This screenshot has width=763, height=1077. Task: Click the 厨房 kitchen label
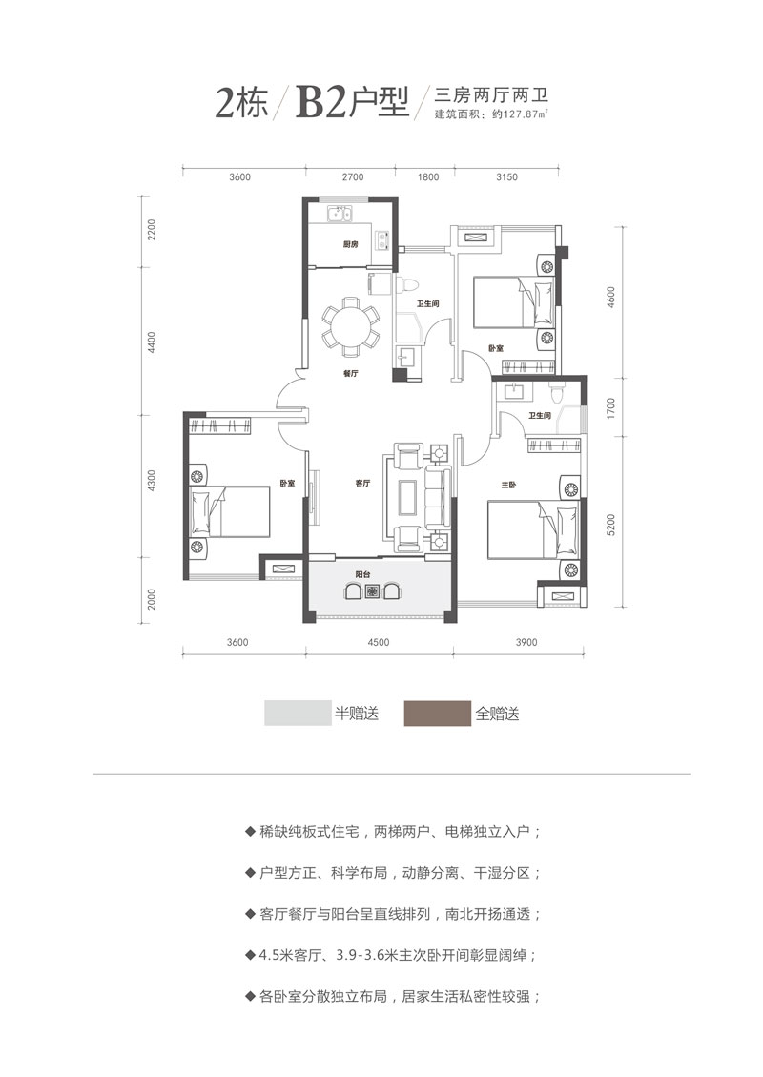(x=350, y=245)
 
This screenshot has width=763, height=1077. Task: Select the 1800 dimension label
(x=428, y=176)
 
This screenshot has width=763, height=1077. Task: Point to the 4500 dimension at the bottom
(x=379, y=642)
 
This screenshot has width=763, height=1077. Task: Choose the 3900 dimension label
(x=526, y=642)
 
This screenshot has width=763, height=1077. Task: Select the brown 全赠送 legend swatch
(x=437, y=714)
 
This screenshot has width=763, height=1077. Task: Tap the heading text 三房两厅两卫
(x=494, y=94)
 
